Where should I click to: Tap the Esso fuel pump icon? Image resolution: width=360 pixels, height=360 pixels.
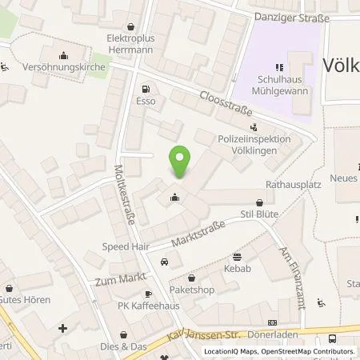145,90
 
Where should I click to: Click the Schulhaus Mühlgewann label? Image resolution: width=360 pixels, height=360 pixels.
282,86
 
